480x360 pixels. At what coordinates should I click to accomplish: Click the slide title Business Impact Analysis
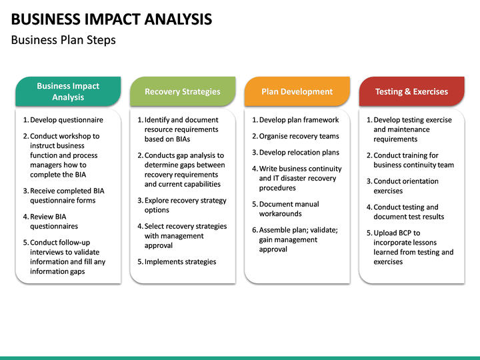(x=112, y=19)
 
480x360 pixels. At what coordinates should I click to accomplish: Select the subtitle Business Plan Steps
(x=63, y=40)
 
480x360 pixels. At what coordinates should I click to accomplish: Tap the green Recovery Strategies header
(x=182, y=92)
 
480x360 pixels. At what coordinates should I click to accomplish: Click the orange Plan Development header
(x=297, y=92)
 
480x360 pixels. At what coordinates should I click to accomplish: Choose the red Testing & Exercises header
(x=411, y=92)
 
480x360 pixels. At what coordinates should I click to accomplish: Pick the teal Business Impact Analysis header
(x=68, y=92)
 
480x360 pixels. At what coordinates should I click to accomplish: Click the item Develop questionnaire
(x=66, y=120)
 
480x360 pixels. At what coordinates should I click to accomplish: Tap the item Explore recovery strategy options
(x=185, y=205)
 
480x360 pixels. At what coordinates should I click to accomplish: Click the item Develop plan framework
(x=299, y=120)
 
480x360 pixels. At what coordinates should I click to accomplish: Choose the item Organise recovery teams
(x=299, y=136)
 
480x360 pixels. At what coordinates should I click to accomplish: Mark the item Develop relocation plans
(x=299, y=153)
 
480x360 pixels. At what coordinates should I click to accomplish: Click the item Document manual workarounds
(x=289, y=209)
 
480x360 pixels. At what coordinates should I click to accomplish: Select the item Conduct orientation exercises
(x=405, y=186)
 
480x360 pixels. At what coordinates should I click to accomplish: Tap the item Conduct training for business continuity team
(x=413, y=160)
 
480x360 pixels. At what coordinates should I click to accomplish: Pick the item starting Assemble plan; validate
(x=298, y=239)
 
